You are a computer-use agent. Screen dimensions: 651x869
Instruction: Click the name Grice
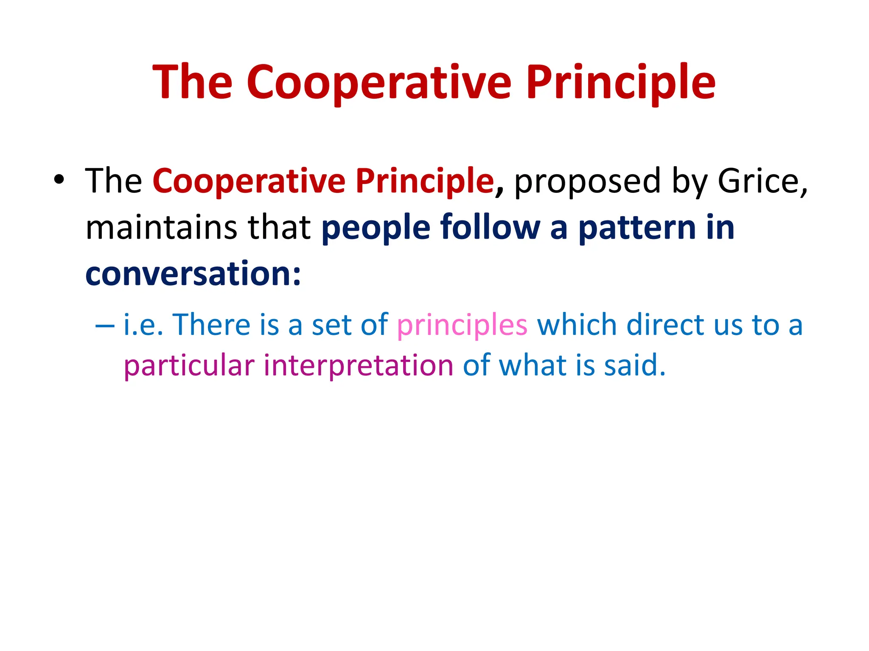(x=762, y=181)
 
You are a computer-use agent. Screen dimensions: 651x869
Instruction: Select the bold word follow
(x=490, y=228)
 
